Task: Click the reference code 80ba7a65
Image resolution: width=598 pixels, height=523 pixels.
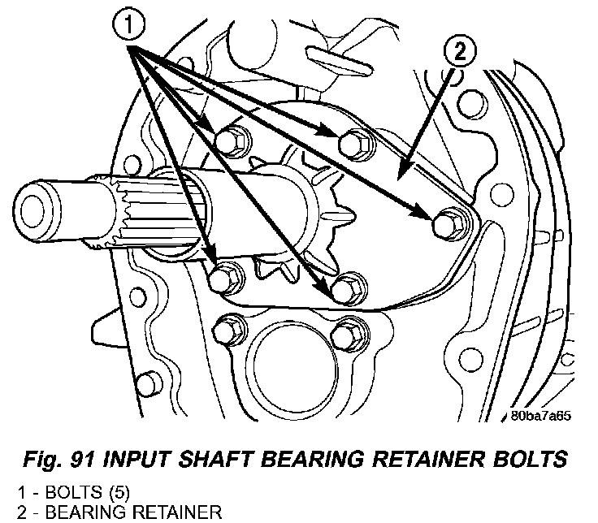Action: point(540,416)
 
